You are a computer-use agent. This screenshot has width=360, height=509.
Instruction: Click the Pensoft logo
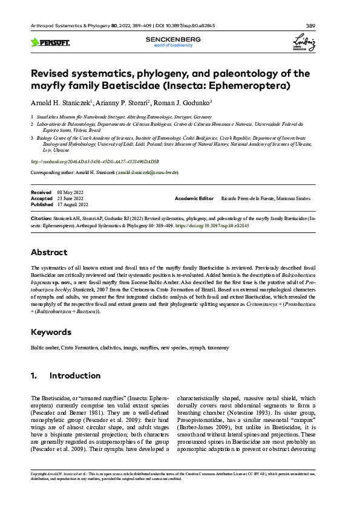pos(50,42)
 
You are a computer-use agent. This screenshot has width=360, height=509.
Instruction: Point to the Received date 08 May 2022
pos(69,192)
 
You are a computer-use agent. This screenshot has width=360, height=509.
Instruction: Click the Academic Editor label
pos(194,198)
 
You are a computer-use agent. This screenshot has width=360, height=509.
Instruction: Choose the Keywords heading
pos(51,332)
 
